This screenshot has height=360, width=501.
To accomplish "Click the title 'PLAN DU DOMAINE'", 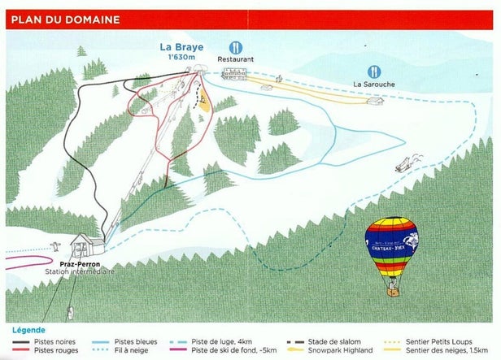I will [65, 20].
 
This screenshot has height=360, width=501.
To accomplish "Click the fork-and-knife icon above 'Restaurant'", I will [235, 47].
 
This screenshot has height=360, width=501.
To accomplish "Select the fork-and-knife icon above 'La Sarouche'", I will [373, 72].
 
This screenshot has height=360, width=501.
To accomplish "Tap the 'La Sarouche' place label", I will [373, 84].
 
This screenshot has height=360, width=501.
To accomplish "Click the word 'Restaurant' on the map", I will [236, 59].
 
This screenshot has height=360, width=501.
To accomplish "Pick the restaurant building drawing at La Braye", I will [234, 75].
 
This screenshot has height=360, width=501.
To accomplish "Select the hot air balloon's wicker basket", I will [391, 286].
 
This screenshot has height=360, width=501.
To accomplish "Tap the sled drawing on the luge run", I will [404, 165].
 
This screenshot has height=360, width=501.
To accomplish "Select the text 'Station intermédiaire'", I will [80, 272].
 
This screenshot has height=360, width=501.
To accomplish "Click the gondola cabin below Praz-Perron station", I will [71, 310].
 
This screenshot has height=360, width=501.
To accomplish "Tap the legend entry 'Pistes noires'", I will [56, 341].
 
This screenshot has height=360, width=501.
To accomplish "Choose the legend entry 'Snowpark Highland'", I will [346, 350].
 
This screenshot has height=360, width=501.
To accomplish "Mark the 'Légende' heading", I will [28, 331].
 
